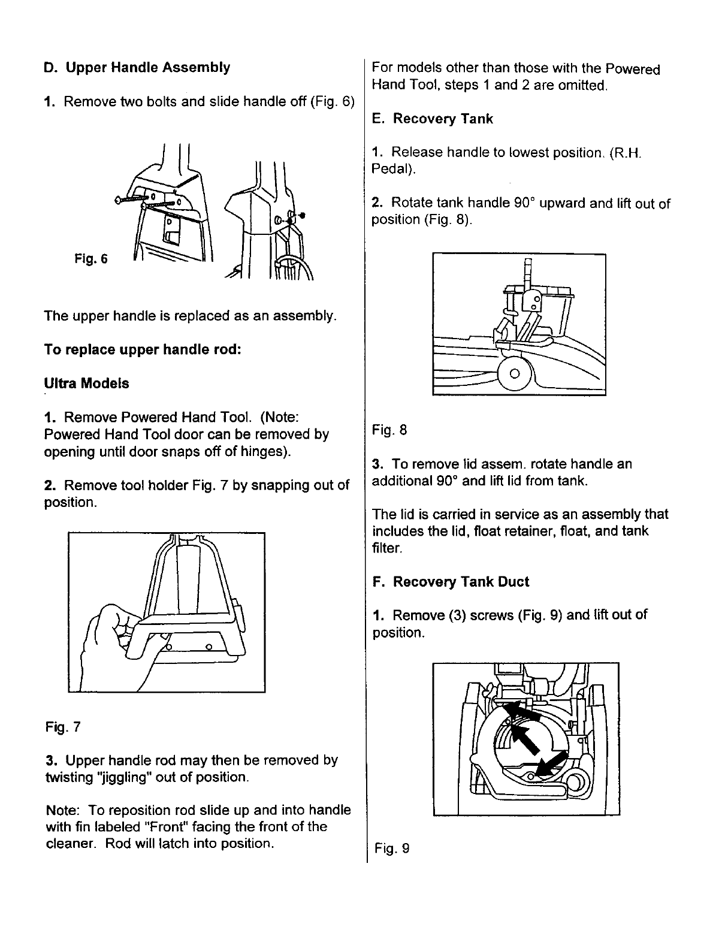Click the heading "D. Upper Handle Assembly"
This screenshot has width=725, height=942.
(x=137, y=67)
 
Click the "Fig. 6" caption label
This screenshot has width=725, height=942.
(x=91, y=259)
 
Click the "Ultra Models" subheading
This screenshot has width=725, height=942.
(x=86, y=383)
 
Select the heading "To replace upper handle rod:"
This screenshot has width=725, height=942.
(x=143, y=349)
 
